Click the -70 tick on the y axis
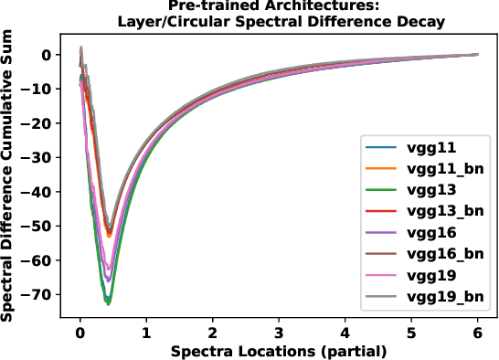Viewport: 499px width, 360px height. (39, 294)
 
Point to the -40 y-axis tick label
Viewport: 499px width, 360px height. (39, 192)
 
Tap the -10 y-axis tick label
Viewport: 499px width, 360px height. (39, 89)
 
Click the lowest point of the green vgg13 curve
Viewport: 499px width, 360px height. (109, 302)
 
